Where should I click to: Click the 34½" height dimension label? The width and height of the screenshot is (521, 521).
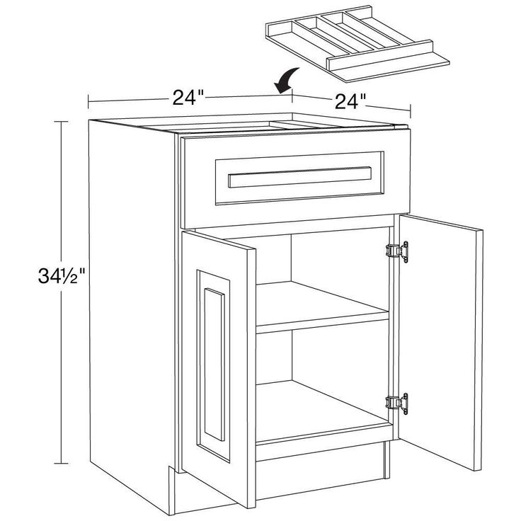[x=62, y=275]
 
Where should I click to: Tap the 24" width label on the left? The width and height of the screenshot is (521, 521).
[x=188, y=98]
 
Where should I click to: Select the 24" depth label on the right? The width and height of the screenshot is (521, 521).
[x=350, y=101]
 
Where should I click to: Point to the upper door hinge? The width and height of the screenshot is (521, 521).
[x=397, y=251]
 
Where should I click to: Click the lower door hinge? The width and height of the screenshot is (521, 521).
[x=397, y=403]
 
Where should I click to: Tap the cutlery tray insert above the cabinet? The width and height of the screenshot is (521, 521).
[x=357, y=42]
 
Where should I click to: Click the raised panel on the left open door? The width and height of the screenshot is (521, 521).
[x=214, y=364]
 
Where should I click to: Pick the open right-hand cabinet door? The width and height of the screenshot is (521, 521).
[x=440, y=342]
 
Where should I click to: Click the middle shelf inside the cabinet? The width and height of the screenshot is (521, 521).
[x=321, y=307]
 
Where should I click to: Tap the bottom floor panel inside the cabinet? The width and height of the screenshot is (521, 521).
[x=321, y=411]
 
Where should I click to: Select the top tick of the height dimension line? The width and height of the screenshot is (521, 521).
[x=61, y=122]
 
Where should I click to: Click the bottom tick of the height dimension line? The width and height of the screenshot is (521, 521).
[x=61, y=463]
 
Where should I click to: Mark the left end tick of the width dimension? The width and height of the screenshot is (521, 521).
[x=88, y=102]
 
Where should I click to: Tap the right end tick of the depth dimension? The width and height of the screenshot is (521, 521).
[x=411, y=111]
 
